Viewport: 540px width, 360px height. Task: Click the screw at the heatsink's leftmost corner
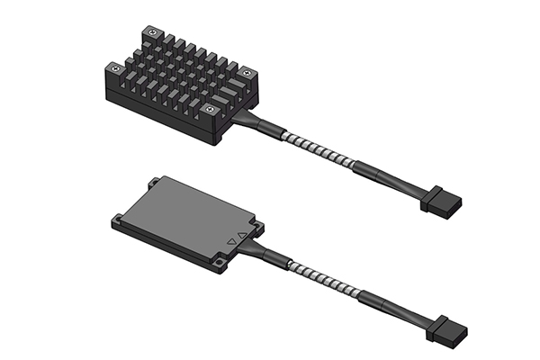pos(114,67)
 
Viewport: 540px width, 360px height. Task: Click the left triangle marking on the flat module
pos(232,241)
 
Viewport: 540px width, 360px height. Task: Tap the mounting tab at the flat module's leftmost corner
pos(119,218)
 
